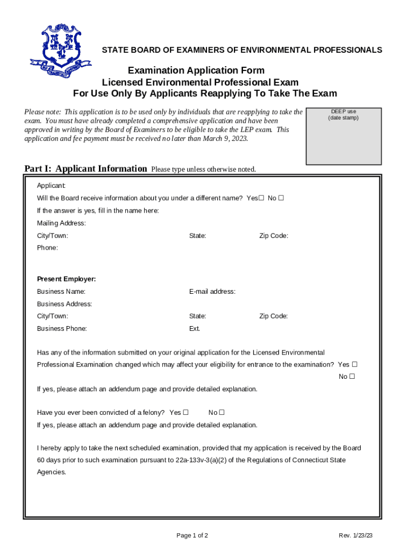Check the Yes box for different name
(261, 198)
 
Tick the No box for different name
(281, 198)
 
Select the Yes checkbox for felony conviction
(185, 413)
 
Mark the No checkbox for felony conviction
(222, 413)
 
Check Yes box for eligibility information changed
(354, 364)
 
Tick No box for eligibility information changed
(352, 377)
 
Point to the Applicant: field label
(52, 186)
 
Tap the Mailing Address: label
(61, 223)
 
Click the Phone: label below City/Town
(47, 248)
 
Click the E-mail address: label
(212, 292)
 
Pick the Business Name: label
(61, 292)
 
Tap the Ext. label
(195, 328)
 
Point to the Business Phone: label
(62, 328)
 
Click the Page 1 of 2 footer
(192, 535)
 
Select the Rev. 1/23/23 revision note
(356, 535)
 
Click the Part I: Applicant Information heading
(85, 168)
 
